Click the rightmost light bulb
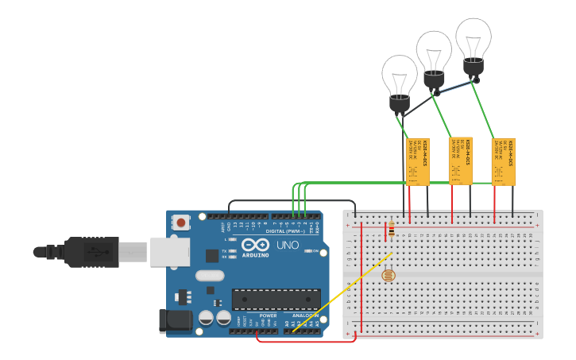click(x=474, y=43)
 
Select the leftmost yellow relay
click(x=418, y=161)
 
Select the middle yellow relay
click(x=461, y=161)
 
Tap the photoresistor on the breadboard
click(x=388, y=275)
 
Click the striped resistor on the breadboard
click(x=390, y=230)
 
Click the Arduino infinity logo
click(x=256, y=245)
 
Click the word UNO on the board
click(x=287, y=245)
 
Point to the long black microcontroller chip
click(x=276, y=299)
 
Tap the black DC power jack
click(x=176, y=320)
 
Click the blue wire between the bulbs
click(x=455, y=87)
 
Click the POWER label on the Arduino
click(x=268, y=315)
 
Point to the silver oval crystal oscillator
click(x=209, y=276)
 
